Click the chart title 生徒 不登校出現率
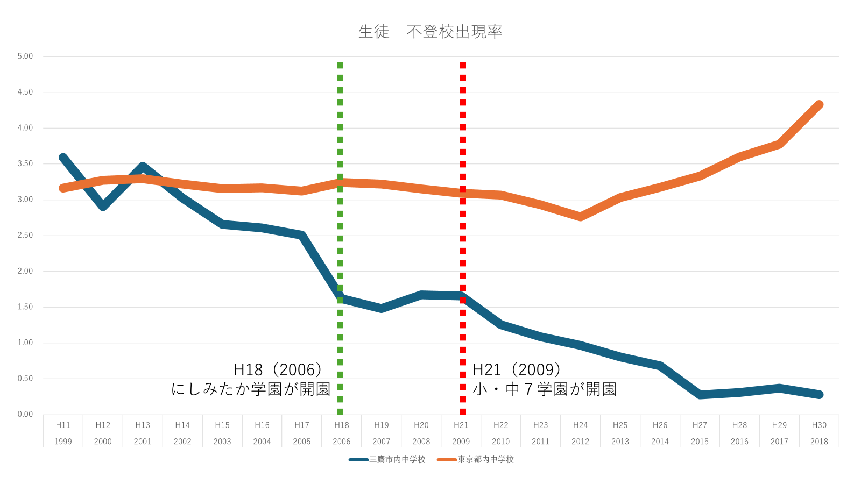(x=430, y=32)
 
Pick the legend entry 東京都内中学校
(x=476, y=460)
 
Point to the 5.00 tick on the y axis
(x=25, y=56)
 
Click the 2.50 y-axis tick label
(x=25, y=236)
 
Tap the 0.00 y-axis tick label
(x=25, y=415)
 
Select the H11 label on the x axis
(x=63, y=425)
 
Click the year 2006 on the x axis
(x=341, y=442)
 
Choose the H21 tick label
(x=461, y=425)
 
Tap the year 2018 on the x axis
(x=819, y=442)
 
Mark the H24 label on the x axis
(x=581, y=425)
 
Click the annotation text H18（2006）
(x=278, y=370)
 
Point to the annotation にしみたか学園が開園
(x=251, y=389)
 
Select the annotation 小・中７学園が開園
(x=544, y=389)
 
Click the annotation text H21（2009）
(x=516, y=370)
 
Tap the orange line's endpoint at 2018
(x=819, y=104)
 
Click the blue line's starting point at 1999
(x=63, y=158)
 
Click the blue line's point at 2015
(x=700, y=395)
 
